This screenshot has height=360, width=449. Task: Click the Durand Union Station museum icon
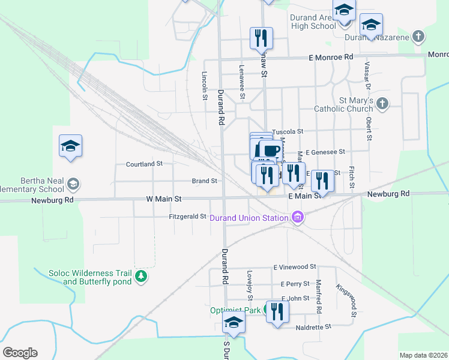297,217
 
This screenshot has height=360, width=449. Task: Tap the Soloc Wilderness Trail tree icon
141,277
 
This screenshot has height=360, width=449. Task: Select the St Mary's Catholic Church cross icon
382,104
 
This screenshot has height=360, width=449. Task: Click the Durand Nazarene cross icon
418,37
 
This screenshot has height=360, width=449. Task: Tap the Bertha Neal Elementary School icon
73,184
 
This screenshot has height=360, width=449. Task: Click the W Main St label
163,198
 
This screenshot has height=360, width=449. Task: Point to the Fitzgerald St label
187,217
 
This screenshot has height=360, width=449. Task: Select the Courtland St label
144,164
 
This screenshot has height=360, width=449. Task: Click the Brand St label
204,181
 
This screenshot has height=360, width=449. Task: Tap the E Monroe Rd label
330,56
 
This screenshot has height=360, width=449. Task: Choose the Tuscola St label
288,131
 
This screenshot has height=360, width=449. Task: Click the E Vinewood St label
294,267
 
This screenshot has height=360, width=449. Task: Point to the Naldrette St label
314,328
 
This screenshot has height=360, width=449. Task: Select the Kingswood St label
346,300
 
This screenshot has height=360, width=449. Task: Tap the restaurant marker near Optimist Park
277,311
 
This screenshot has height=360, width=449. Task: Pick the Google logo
20,353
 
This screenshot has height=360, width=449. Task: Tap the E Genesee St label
325,152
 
